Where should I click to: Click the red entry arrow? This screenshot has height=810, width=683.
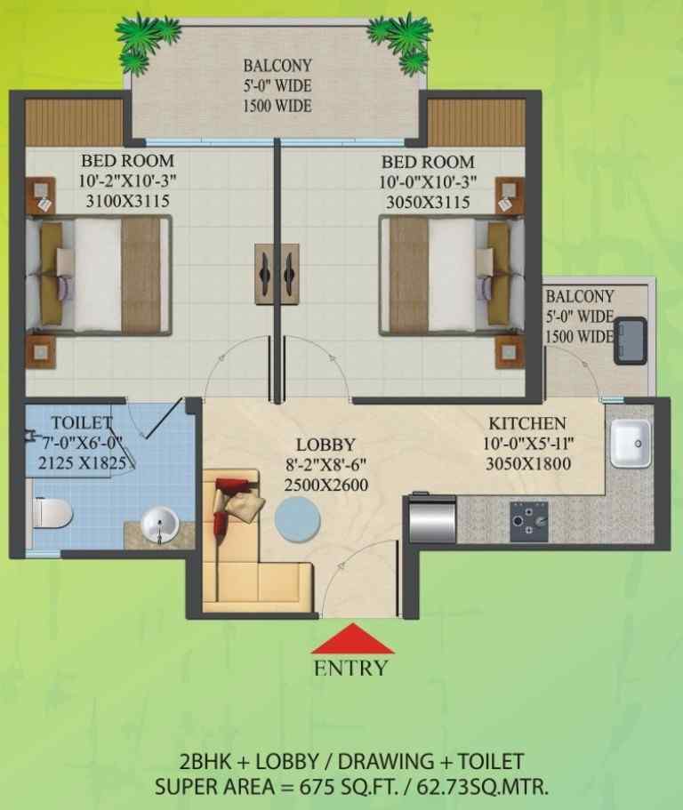[353, 638]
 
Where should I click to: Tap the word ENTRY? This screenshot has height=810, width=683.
[350, 668]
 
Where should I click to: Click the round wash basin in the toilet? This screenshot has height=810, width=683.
[160, 525]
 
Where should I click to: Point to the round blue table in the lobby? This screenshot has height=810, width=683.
[297, 518]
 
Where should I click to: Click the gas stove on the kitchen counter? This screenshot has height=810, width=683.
[529, 521]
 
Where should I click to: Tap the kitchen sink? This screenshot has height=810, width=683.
[631, 443]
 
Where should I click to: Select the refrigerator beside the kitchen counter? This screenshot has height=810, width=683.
[432, 519]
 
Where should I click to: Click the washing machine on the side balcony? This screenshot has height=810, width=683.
[630, 341]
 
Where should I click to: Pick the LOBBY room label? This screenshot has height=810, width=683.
[325, 445]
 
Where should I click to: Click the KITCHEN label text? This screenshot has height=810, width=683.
[527, 423]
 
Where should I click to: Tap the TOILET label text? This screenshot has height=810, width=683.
[81, 422]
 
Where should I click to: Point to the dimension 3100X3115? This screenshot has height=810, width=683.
[127, 200]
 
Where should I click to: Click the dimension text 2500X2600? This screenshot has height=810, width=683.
[326, 485]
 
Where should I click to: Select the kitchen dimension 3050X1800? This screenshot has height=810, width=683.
[528, 463]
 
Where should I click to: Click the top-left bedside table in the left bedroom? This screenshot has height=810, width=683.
[41, 196]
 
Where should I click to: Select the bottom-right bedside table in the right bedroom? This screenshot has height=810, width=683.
[510, 352]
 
